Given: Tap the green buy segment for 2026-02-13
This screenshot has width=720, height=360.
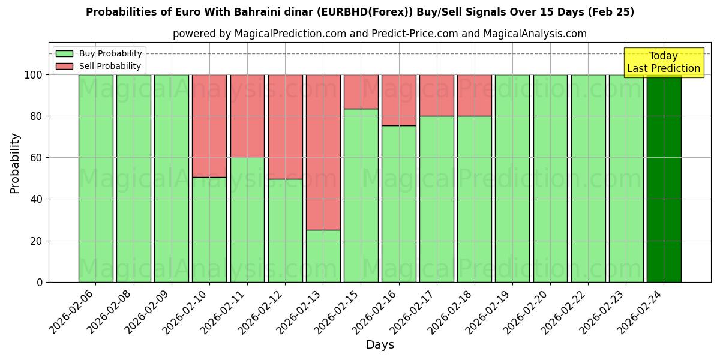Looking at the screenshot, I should [323, 256].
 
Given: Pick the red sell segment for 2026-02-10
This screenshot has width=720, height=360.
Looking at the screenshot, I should [209, 126].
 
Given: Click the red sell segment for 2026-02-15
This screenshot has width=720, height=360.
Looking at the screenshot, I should [361, 92].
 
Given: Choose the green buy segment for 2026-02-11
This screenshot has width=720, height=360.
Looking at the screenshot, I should [247, 220].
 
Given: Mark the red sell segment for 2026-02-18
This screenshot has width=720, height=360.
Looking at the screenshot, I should [475, 95].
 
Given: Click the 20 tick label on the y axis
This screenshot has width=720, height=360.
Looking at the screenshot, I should [37, 241].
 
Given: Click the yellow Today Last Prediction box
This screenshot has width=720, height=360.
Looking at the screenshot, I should [664, 62].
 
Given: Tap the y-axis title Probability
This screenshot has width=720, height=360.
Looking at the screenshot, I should [15, 163].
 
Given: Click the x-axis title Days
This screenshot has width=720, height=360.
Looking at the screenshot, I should [380, 345].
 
